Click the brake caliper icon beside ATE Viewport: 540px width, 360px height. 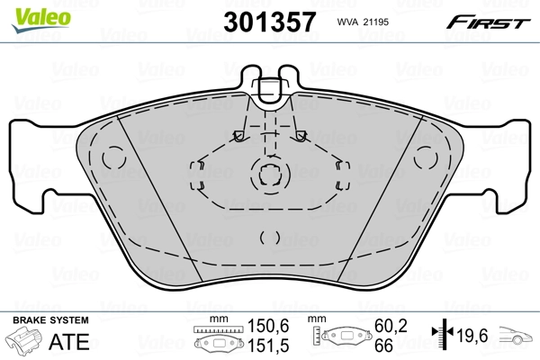(24, 342)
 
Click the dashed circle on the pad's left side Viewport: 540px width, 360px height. (112, 158)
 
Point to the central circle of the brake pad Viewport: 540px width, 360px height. (269, 174)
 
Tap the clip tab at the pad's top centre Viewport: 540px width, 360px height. (269, 88)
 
